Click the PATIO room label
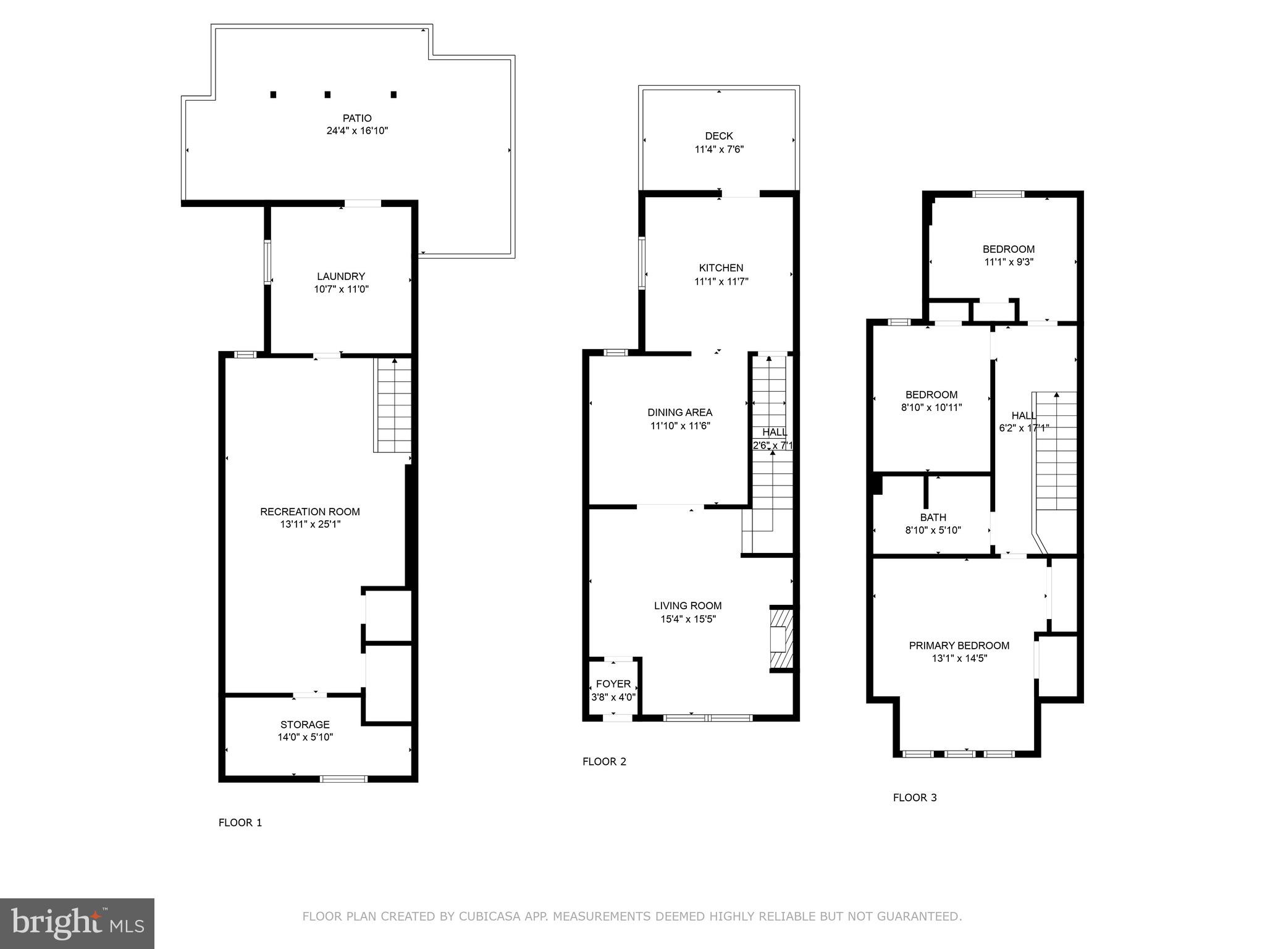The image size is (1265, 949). click(x=357, y=118)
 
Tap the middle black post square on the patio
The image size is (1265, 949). click(x=327, y=95)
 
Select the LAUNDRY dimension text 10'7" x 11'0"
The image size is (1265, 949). click(x=341, y=289)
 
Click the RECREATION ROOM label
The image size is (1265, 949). click(x=309, y=512)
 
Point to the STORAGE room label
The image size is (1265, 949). click(x=305, y=724)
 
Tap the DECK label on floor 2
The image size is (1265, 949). click(x=719, y=136)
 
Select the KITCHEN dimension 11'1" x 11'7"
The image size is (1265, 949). click(x=721, y=281)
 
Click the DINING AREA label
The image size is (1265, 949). click(x=679, y=412)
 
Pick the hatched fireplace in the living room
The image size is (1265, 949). click(x=781, y=639)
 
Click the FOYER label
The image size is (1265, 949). click(x=613, y=684)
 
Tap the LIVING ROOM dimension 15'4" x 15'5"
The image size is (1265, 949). click(x=687, y=619)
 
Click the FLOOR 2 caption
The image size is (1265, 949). click(x=604, y=761)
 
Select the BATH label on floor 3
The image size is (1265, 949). click(x=933, y=517)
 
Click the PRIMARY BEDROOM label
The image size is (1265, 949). click(x=959, y=645)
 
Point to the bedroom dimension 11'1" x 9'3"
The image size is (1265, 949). click(x=1009, y=262)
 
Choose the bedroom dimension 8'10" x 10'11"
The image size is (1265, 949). click(x=931, y=408)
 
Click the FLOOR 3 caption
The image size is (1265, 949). click(x=914, y=798)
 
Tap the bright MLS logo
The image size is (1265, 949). click(x=77, y=923)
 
